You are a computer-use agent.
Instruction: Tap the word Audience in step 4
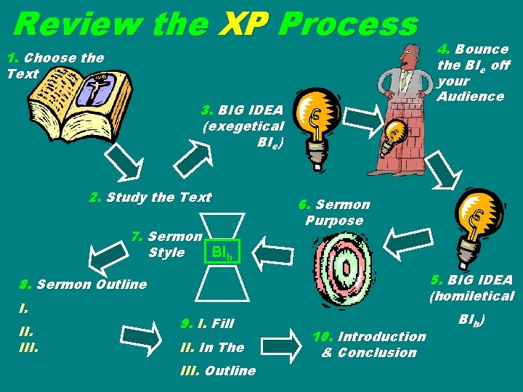pyautogui.click(x=471, y=97)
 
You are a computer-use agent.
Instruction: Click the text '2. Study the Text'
pyautogui.click(x=150, y=197)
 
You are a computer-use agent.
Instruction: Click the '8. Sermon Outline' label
pyautogui.click(x=84, y=285)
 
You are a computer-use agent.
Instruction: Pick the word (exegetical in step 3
pyautogui.click(x=243, y=126)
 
